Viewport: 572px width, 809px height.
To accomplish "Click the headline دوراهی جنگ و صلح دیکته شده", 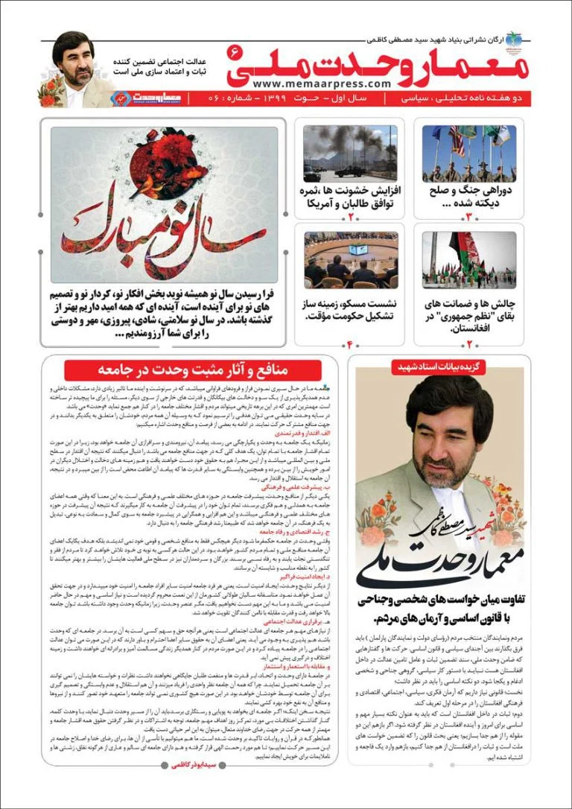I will point(472,197).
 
